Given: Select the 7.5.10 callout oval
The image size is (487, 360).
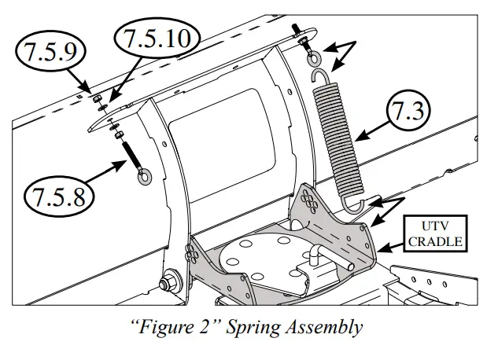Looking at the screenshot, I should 156,36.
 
